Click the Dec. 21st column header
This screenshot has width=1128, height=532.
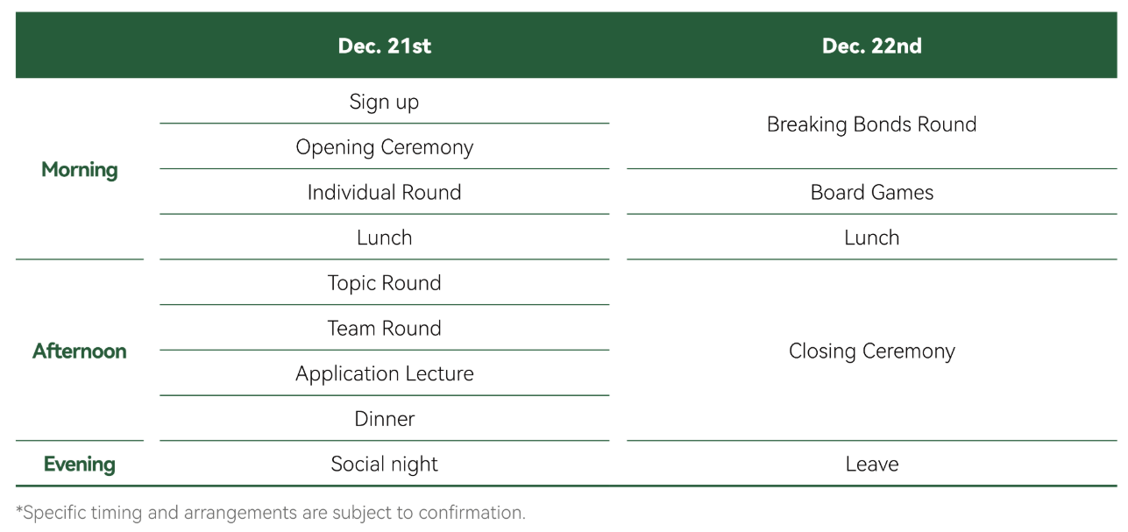tap(384, 46)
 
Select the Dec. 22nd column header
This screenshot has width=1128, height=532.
tap(872, 46)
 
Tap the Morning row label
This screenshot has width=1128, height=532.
tap(80, 170)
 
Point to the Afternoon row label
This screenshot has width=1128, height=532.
tap(80, 351)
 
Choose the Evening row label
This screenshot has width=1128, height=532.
tap(80, 465)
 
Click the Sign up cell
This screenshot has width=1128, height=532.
tap(384, 103)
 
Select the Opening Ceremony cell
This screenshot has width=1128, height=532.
tap(384, 147)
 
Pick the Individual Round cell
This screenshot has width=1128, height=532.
tap(384, 193)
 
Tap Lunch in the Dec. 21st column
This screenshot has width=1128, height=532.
tap(384, 238)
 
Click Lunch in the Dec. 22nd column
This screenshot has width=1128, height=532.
tap(872, 238)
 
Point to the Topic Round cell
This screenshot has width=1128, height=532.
tap(384, 283)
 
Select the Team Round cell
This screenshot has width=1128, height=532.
tap(384, 329)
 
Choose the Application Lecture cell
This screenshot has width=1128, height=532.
tap(384, 374)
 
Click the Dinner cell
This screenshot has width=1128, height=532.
tap(384, 419)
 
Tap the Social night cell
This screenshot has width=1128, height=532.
tap(384, 465)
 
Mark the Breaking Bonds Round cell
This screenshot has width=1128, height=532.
tap(872, 125)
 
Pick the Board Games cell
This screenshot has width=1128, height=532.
tap(872, 193)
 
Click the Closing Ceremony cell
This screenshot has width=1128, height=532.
tap(872, 351)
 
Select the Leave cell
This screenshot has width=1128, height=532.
tap(872, 465)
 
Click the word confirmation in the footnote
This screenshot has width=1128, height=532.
tap(472, 513)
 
